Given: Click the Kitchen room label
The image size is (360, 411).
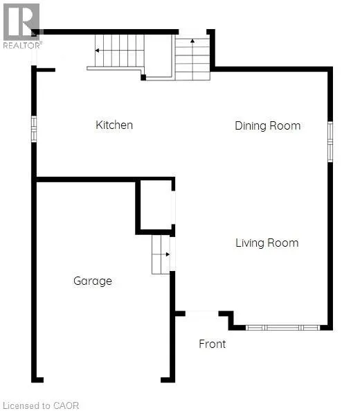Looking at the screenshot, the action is pyautogui.click(x=114, y=125).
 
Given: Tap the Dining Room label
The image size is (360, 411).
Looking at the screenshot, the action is pyautogui.click(x=268, y=126).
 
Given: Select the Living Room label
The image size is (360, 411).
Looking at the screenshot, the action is pyautogui.click(x=267, y=243).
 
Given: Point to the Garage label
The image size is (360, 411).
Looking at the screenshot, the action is pyautogui.click(x=93, y=281).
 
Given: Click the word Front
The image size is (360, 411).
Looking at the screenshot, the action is pyautogui.click(x=213, y=344).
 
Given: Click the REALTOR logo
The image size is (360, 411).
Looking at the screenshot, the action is pyautogui.click(x=22, y=26).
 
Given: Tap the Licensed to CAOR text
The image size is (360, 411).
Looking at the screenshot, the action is pyautogui.click(x=41, y=405).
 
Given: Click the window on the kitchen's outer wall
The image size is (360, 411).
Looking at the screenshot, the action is pyautogui.click(x=34, y=129).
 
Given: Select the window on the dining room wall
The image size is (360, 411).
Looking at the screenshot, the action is pyautogui.click(x=330, y=141).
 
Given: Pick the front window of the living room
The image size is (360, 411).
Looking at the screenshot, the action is pyautogui.click(x=282, y=327).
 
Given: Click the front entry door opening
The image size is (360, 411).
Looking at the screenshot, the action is pyautogui.click(x=202, y=313).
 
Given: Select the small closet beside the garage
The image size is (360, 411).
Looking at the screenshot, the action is pyautogui.click(x=155, y=206).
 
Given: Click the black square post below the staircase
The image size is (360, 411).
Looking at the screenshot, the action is pyautogui.click(x=143, y=78).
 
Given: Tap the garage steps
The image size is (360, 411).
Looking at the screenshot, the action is pyautogui.click(x=161, y=254).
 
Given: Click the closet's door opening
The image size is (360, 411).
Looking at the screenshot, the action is pyautogui.click(x=173, y=207).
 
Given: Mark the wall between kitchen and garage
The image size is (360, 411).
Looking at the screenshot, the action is pyautogui.click(x=86, y=180).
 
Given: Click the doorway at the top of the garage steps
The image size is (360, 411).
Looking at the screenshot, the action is pyautogui.click(x=172, y=254).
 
